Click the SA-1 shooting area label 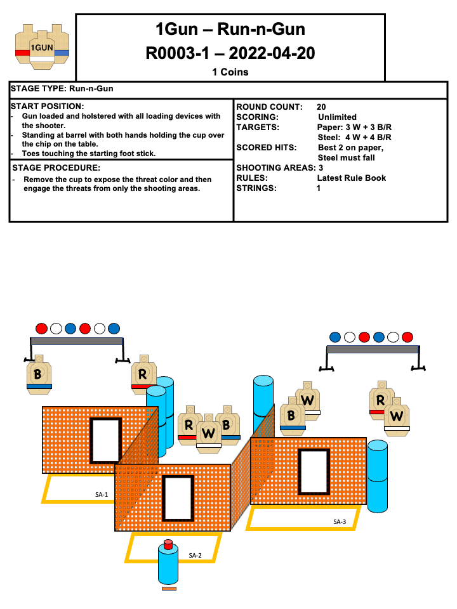click(x=102, y=494)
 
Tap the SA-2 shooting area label click(x=195, y=555)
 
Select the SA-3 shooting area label click(x=340, y=521)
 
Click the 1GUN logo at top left click(x=43, y=47)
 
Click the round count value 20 click(x=321, y=107)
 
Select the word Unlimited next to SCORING click(x=337, y=117)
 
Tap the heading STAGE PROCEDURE click(x=56, y=168)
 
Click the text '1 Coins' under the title click(x=230, y=72)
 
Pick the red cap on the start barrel click(x=168, y=544)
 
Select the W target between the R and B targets click(x=208, y=433)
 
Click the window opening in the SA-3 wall click(x=314, y=471)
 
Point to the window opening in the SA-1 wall click(x=105, y=440)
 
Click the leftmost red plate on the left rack click(x=41, y=328)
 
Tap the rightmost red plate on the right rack click(x=407, y=337)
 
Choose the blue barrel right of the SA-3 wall click(x=377, y=476)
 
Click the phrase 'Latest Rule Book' click(x=351, y=178)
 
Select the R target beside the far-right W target click(x=380, y=400)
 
